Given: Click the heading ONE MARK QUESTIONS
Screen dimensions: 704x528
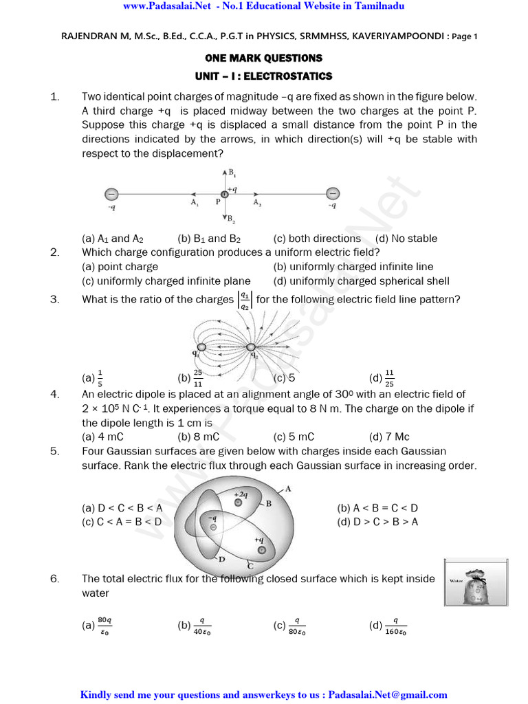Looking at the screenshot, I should click(x=264, y=58).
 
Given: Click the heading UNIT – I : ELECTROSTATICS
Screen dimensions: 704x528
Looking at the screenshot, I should click(x=264, y=76).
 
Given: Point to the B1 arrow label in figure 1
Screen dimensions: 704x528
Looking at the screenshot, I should click(x=233, y=173).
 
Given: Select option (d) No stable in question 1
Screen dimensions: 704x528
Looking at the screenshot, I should click(x=406, y=239).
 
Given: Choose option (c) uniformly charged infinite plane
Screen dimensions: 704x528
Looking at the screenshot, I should click(x=166, y=281).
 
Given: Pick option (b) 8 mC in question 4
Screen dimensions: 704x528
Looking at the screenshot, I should click(x=198, y=437).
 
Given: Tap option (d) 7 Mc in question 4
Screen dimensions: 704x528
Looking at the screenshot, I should click(x=389, y=437).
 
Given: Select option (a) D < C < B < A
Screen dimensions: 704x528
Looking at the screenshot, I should click(x=122, y=508).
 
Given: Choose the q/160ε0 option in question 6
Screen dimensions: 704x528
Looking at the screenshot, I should click(x=388, y=626).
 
